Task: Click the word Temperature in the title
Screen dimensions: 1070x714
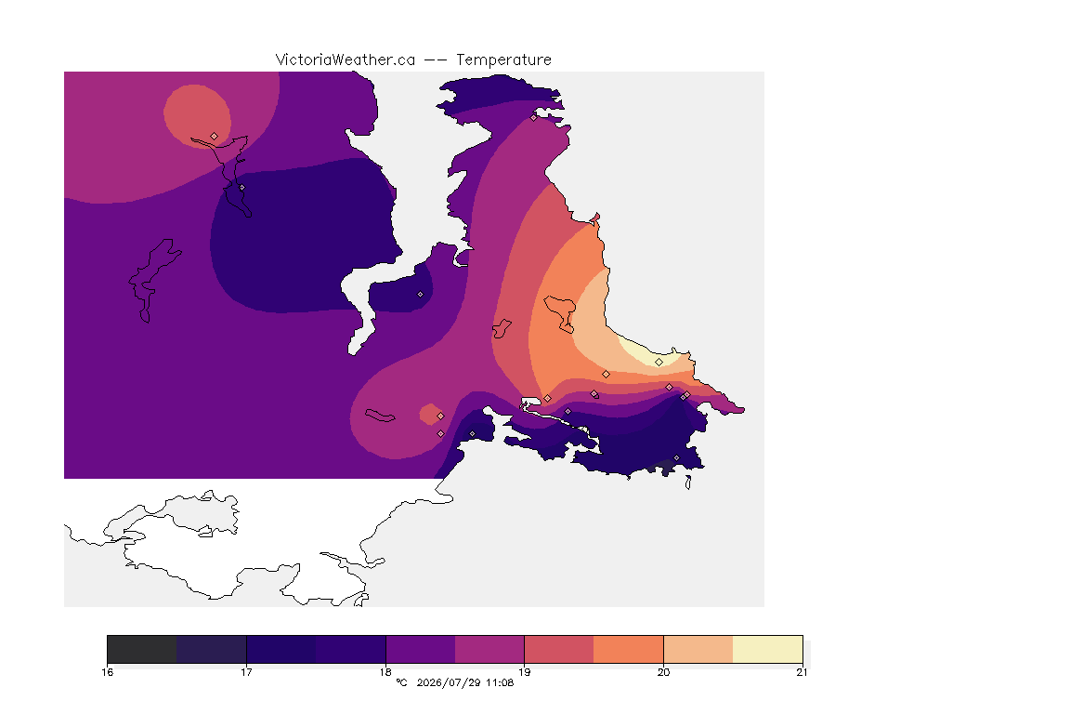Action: click(503, 60)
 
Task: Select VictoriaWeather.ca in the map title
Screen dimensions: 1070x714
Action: click(346, 60)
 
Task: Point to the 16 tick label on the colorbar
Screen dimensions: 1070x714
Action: click(108, 672)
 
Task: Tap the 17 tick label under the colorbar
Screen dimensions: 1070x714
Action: click(246, 672)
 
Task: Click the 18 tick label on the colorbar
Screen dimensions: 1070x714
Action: click(385, 672)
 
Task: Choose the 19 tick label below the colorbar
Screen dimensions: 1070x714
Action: click(524, 672)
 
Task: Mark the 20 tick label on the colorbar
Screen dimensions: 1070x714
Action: click(663, 672)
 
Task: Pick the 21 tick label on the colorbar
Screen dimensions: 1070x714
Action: click(802, 672)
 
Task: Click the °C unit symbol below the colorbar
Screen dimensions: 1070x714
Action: click(401, 682)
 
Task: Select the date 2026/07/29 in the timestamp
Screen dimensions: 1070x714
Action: click(448, 682)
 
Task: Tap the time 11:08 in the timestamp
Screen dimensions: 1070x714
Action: click(500, 682)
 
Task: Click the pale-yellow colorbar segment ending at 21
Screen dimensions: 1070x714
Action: click(768, 649)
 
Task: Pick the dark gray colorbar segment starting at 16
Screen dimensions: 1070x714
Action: click(142, 649)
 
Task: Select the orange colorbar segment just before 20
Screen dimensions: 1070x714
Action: click(629, 649)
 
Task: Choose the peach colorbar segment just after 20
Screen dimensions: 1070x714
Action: click(698, 649)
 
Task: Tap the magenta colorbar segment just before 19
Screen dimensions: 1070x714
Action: click(489, 649)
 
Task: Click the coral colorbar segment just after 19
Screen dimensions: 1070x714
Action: click(559, 649)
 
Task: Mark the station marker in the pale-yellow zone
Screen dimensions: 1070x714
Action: click(659, 363)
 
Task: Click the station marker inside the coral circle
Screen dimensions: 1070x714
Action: click(215, 136)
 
